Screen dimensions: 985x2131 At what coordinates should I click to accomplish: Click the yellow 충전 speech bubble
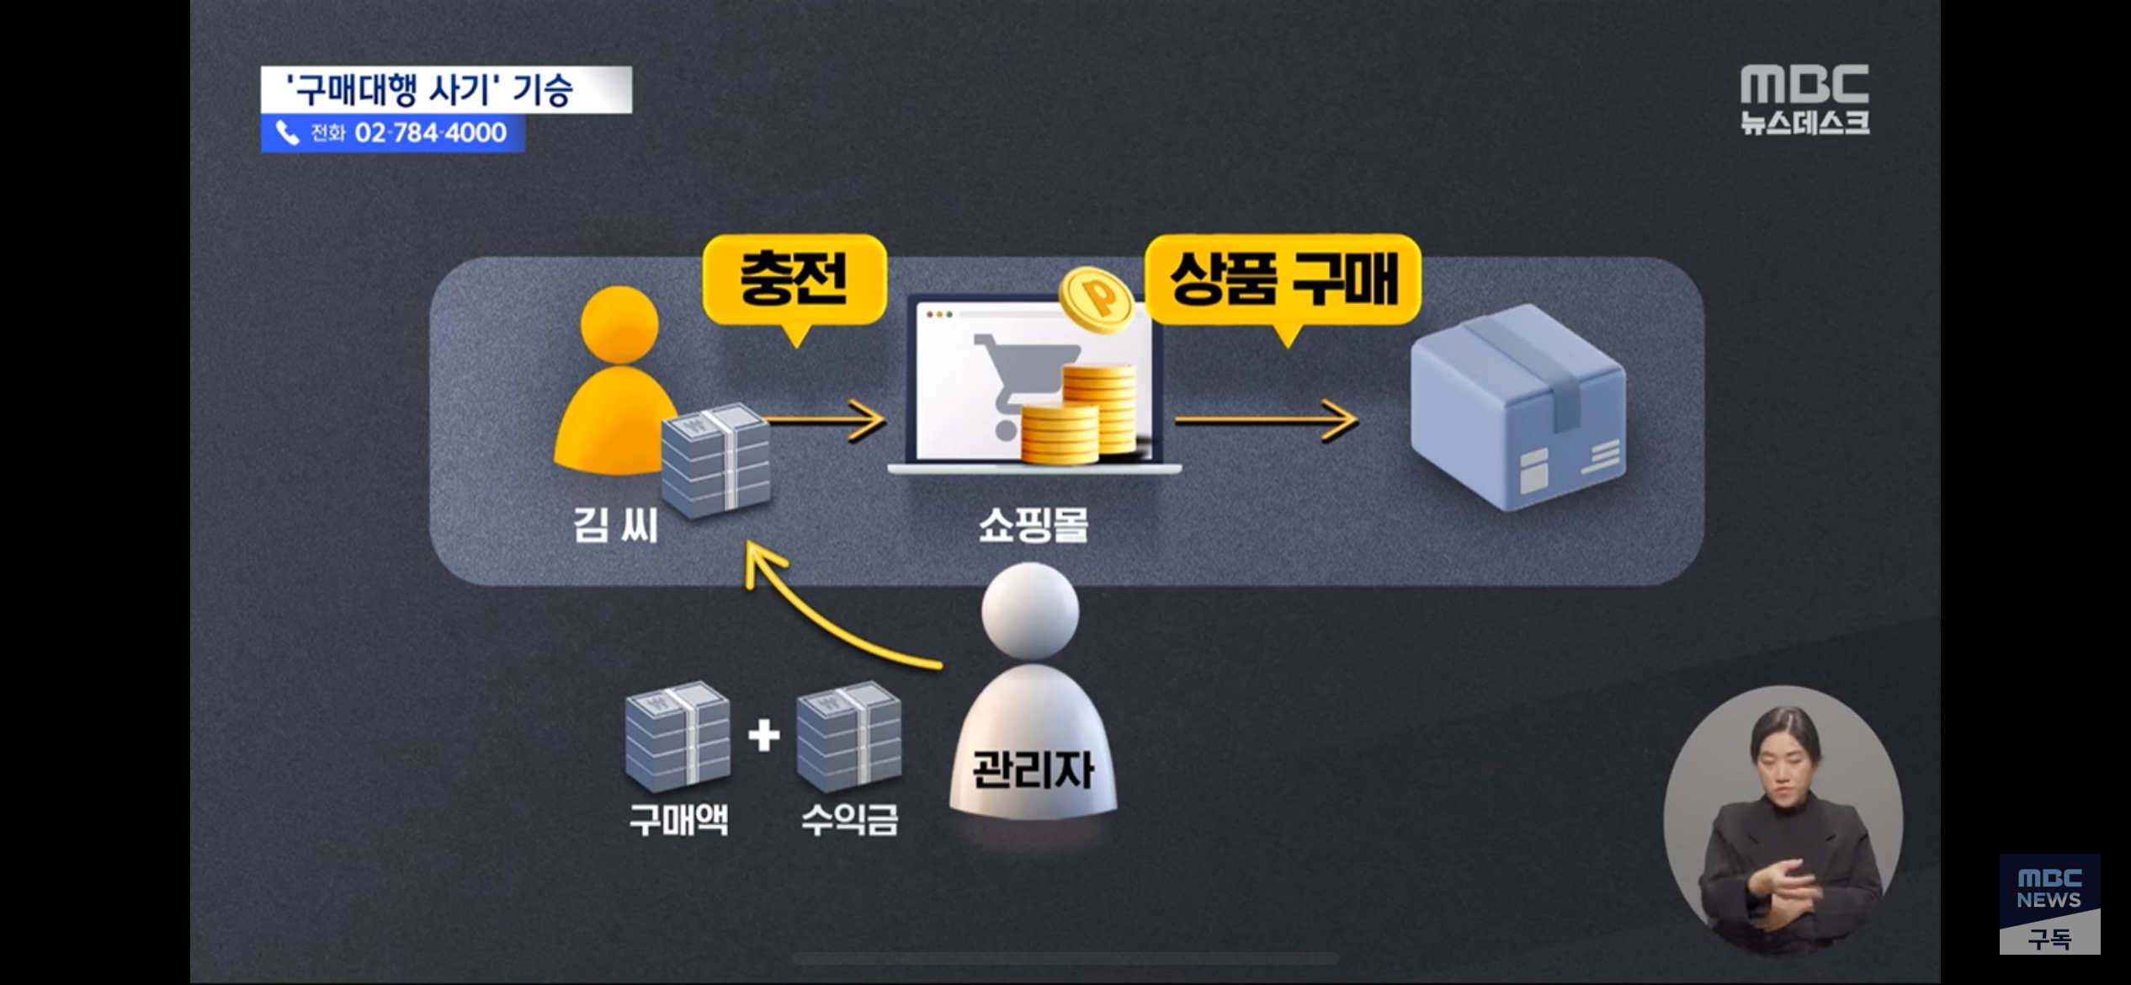click(794, 280)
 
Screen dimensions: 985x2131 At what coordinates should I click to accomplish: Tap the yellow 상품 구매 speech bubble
click(1283, 280)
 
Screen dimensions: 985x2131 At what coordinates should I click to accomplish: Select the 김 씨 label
click(615, 525)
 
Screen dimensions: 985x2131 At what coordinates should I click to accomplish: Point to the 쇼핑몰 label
click(1034, 525)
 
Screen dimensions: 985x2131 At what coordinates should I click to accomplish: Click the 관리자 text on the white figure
click(1033, 769)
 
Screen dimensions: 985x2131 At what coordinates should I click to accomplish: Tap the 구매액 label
click(678, 819)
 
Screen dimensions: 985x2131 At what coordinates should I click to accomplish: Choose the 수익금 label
click(849, 819)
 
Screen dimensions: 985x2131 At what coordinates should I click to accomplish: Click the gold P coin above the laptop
click(1096, 299)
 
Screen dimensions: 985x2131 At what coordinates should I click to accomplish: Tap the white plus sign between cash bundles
click(763, 735)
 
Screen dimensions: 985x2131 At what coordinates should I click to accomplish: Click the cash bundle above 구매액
click(678, 735)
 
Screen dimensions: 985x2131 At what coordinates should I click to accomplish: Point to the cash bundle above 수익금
click(848, 735)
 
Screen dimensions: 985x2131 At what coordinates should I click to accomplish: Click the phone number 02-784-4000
click(430, 133)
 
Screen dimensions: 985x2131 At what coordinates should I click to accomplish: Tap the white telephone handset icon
click(288, 133)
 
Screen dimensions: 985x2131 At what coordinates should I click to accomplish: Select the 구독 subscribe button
click(2049, 938)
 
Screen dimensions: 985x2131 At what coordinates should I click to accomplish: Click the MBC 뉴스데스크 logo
click(1804, 99)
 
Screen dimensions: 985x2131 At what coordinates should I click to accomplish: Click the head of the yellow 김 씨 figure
click(619, 324)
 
